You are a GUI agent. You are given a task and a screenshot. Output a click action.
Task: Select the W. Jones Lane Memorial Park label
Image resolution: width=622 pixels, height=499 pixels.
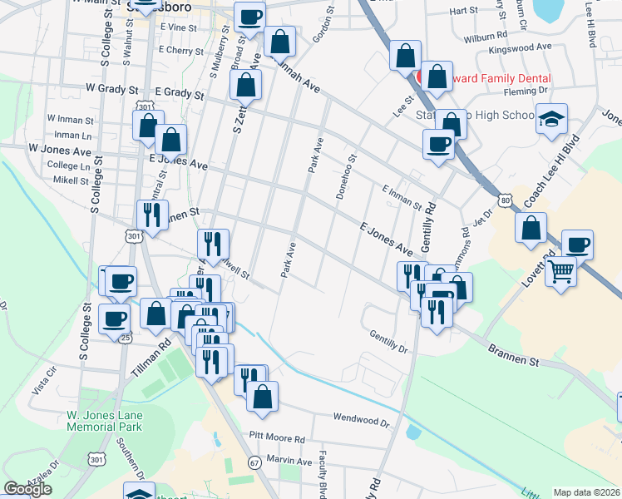point(105,421)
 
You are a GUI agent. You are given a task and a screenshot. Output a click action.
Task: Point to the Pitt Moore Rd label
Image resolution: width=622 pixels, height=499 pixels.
point(277,438)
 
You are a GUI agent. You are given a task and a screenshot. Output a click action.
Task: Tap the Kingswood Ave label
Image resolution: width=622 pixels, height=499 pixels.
point(544,47)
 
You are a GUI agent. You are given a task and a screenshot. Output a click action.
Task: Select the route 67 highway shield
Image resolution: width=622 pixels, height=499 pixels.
point(254,462)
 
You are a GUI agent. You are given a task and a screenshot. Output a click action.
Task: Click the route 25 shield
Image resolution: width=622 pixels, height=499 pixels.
point(125,337)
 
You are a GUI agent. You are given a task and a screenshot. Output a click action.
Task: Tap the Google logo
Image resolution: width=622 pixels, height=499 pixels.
point(27,489)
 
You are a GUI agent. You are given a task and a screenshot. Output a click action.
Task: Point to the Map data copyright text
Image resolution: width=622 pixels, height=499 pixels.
point(587,492)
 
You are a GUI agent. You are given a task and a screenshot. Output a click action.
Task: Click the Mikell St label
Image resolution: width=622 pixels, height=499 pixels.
point(70,180)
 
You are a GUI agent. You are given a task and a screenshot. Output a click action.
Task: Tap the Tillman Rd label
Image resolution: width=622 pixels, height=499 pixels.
point(151,354)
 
